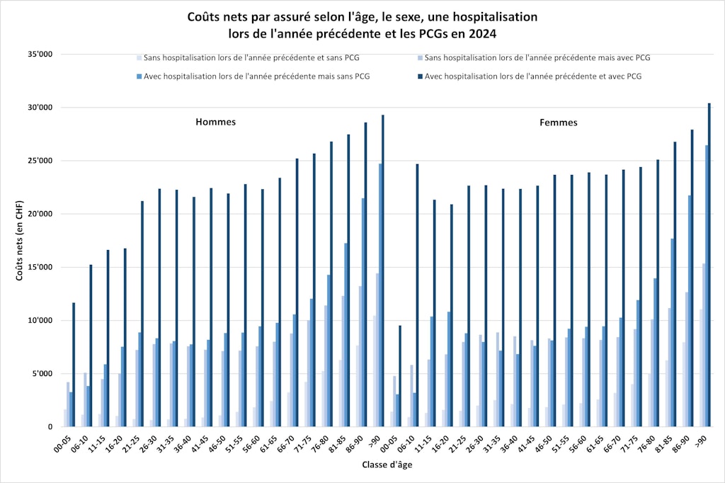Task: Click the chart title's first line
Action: tap(362, 16)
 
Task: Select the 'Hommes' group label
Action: tap(215, 122)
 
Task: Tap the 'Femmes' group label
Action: tap(558, 123)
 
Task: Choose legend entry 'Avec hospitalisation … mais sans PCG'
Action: tap(256, 76)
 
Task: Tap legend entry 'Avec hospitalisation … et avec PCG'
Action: tap(534, 76)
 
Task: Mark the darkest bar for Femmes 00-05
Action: tap(400, 376)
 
